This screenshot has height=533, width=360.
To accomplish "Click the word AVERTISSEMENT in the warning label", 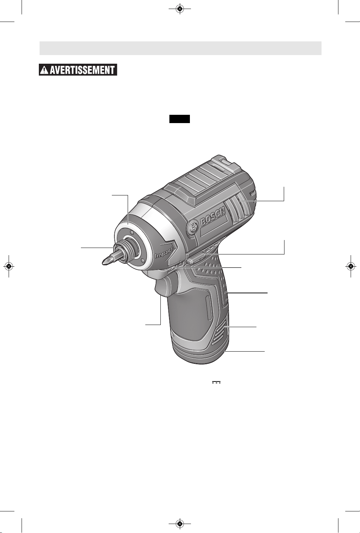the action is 82,70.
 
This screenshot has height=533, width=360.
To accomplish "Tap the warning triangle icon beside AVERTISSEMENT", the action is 44,70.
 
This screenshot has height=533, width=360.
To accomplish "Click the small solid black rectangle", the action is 179,119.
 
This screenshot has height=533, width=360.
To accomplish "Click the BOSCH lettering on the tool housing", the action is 213,217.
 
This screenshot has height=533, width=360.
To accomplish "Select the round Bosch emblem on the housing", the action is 193,227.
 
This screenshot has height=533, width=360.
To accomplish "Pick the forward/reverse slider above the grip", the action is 196,258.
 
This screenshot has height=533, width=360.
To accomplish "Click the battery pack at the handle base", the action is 200,352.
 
